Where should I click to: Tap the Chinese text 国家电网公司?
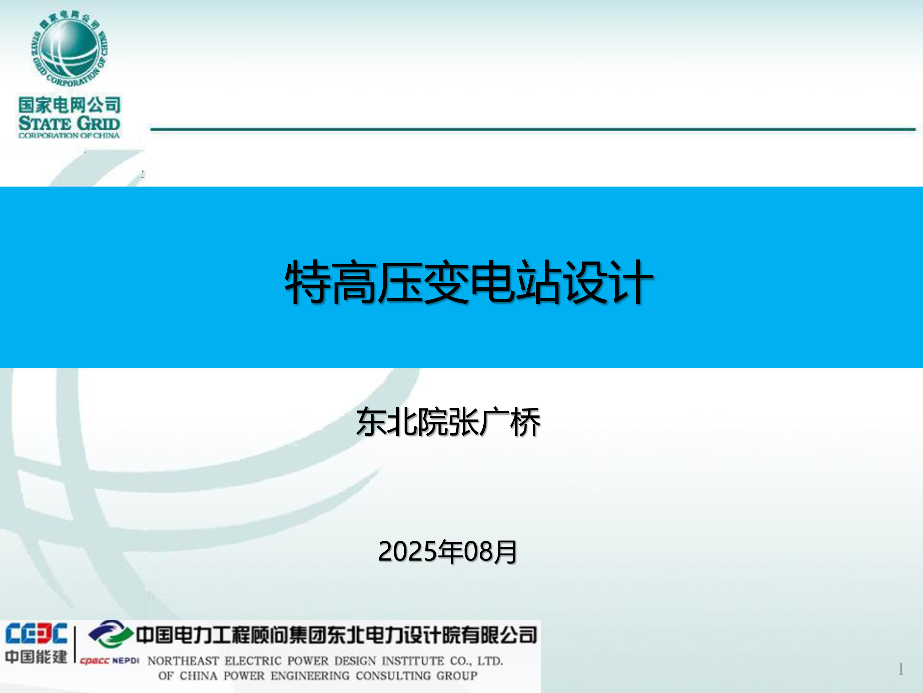pos(69,104)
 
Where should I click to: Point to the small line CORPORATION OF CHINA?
pos(69,135)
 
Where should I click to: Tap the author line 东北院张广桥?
pos(448,422)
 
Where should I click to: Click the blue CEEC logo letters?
pos(36,634)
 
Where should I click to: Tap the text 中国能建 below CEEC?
pos(36,657)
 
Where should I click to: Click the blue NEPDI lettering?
pos(126,660)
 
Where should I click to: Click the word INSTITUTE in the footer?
pos(413,661)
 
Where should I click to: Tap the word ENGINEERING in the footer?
pos(310,675)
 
